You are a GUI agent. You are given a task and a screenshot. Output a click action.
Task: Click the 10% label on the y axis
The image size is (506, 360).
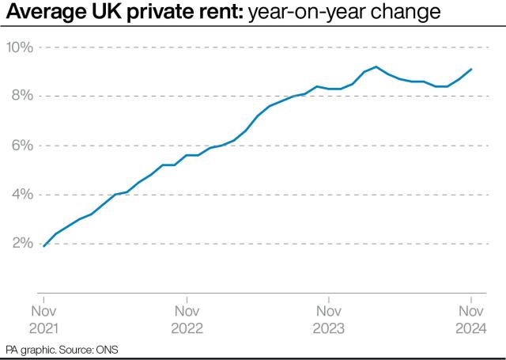pos(19,47)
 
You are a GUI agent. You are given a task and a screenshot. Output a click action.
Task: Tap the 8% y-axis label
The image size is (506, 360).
pos(22,97)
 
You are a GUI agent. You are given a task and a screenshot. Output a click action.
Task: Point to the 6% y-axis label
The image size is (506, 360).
pos(22,146)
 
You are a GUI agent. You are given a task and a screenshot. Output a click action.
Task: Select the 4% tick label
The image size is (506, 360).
pos(22,195)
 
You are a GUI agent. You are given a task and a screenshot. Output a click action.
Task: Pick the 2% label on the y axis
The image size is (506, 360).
pos(22,244)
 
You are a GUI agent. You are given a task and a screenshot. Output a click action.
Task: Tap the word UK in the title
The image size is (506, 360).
pos(101,13)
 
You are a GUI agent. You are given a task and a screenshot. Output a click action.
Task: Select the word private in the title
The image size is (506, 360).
pos(150,13)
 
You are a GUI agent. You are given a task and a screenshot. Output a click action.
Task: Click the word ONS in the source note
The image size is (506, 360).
pos(109,349)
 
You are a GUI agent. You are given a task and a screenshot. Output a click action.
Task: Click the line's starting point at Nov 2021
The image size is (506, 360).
pos(44,246)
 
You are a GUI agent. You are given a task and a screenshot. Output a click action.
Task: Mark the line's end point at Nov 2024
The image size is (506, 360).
pos(471,69)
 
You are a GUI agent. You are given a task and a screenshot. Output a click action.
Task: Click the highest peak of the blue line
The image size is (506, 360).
pos(376,66)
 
